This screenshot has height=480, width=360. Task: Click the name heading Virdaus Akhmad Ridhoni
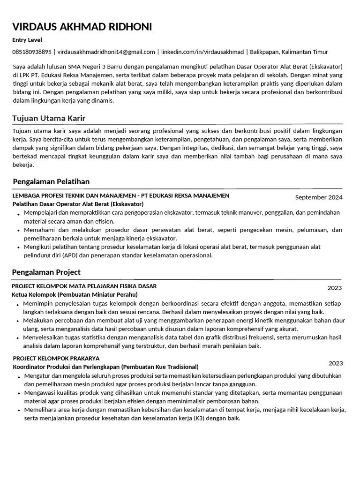click(x=82, y=27)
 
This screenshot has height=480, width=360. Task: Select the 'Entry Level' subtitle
click(x=28, y=40)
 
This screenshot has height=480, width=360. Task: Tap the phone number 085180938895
click(x=32, y=52)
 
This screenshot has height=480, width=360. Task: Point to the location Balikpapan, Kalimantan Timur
click(x=289, y=52)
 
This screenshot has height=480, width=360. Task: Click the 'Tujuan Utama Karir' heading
click(x=49, y=118)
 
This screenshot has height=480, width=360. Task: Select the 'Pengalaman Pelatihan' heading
click(x=52, y=181)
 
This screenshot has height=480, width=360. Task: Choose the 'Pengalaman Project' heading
click(x=47, y=272)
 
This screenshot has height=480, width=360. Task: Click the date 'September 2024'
click(x=319, y=197)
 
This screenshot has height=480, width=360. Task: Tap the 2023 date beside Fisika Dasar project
click(x=335, y=288)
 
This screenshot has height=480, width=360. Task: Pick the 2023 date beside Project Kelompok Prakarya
click(x=336, y=363)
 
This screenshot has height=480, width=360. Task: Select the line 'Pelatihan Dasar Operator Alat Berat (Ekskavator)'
click(x=78, y=204)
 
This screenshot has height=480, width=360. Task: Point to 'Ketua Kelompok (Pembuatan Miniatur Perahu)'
click(x=75, y=294)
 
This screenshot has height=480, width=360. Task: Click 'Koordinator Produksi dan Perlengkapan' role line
click(x=105, y=367)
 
